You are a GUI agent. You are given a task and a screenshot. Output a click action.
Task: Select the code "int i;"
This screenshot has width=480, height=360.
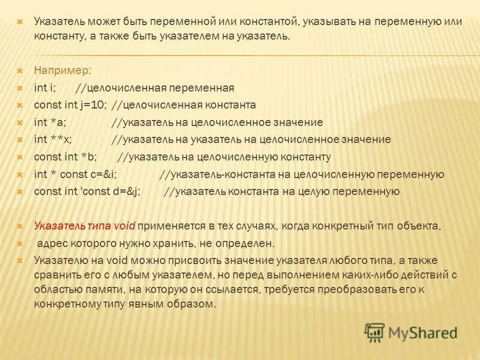click(45, 88)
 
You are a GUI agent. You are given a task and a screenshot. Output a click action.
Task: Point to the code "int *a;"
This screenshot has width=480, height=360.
click(50, 122)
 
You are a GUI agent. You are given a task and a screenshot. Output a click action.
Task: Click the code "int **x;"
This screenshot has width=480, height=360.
click(53, 140)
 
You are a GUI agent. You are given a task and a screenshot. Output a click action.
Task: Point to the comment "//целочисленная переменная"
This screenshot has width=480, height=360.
click(155, 88)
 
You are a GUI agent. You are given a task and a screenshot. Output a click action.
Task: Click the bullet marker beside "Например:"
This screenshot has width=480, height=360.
click(20, 70)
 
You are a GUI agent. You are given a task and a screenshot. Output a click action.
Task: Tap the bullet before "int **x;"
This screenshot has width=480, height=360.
click(20, 140)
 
